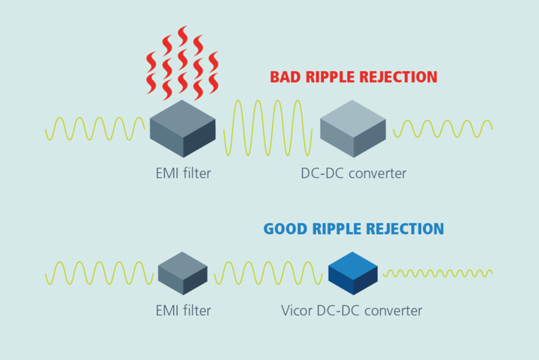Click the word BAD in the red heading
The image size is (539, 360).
[x=286, y=77]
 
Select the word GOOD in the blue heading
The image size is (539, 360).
[x=285, y=229]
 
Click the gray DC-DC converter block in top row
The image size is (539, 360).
[x=353, y=128]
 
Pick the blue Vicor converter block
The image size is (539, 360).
[x=353, y=273]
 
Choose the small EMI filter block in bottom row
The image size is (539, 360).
[x=183, y=273]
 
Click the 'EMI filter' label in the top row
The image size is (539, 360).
[x=183, y=172]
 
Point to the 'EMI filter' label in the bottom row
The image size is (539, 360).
[x=183, y=309]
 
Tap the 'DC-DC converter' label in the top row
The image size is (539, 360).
[x=353, y=172]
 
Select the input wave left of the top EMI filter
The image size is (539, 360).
[x=95, y=129]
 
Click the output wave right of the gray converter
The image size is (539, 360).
[x=443, y=129]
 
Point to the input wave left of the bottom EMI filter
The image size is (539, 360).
[x=98, y=273]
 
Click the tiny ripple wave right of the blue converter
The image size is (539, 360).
[x=437, y=273]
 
